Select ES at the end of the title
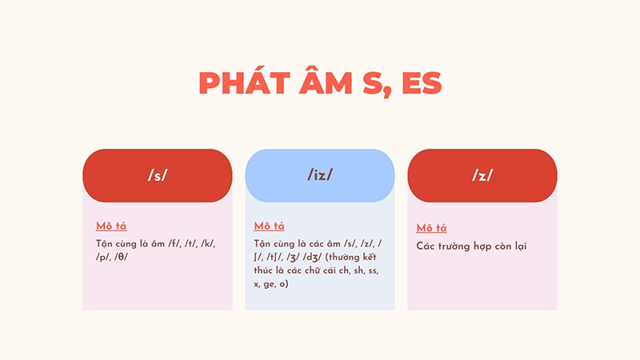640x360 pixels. (x=419, y=84)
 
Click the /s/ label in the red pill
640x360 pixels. (x=158, y=176)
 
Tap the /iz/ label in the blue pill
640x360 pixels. (x=320, y=176)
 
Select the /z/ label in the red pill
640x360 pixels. (x=482, y=176)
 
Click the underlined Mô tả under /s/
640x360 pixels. (x=112, y=226)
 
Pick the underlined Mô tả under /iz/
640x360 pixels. (x=270, y=226)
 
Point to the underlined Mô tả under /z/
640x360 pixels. (x=432, y=229)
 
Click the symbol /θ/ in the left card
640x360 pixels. (x=122, y=257)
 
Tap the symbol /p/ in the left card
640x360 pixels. (x=102, y=257)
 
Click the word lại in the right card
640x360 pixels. (x=520, y=246)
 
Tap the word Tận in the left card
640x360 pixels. (x=106, y=243)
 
